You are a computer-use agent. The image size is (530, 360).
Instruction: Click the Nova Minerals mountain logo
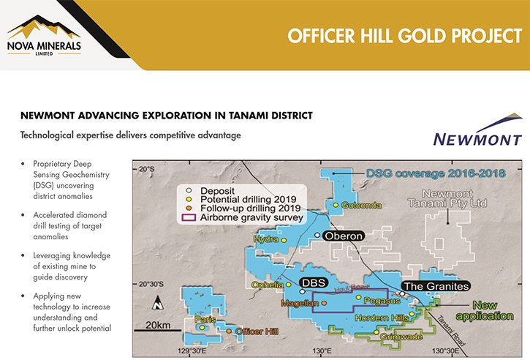(44, 34)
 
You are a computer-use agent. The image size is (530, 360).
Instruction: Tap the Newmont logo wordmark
(477, 140)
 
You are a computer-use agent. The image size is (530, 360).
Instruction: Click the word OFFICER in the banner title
(321, 36)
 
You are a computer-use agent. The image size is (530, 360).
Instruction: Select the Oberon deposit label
(344, 236)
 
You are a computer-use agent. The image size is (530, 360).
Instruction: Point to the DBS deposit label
(314, 283)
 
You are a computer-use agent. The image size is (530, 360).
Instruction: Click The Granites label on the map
(436, 286)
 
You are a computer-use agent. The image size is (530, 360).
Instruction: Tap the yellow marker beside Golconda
(336, 205)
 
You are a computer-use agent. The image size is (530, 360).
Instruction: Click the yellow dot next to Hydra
(284, 240)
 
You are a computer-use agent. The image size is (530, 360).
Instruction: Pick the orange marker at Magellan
(324, 303)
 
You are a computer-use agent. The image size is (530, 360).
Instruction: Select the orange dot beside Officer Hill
(229, 331)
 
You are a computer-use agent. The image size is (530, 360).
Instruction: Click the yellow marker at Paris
(202, 328)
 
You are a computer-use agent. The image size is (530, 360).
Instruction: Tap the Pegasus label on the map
(382, 301)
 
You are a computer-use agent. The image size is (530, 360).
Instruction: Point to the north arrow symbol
(157, 302)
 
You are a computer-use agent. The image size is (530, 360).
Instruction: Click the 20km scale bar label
(158, 325)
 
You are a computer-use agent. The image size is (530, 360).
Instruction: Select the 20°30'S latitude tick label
(151, 284)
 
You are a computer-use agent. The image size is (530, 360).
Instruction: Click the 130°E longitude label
(322, 351)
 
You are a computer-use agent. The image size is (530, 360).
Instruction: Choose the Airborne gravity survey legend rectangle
(189, 217)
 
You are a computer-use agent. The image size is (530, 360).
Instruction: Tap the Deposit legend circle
(189, 191)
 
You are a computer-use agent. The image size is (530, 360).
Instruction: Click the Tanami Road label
(451, 331)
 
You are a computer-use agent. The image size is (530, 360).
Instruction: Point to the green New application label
(485, 310)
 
